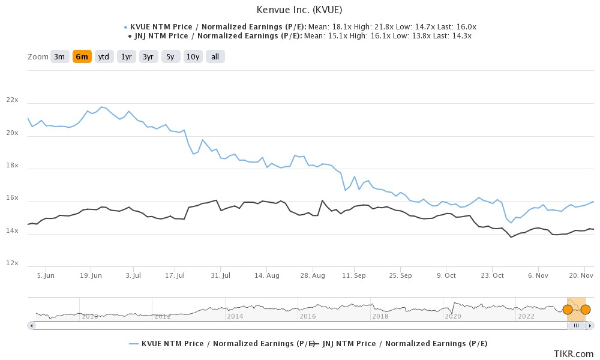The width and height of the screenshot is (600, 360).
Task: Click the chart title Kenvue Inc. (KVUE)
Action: click(x=300, y=10)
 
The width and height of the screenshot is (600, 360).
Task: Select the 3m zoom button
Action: click(x=59, y=57)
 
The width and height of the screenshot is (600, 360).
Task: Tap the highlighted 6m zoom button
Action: click(x=82, y=57)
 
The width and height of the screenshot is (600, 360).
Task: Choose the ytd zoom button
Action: click(x=104, y=57)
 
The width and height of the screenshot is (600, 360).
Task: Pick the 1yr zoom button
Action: click(x=126, y=57)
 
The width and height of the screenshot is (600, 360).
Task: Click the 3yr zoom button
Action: click(x=148, y=57)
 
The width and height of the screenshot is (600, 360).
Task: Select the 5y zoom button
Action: click(x=170, y=57)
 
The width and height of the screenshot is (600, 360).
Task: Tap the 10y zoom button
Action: click(x=193, y=57)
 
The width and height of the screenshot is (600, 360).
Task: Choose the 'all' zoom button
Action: click(x=215, y=57)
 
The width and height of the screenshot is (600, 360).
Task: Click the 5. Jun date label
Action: click(x=46, y=275)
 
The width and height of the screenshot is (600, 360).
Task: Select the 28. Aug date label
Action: click(x=313, y=275)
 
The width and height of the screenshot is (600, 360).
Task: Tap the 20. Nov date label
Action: click(x=580, y=275)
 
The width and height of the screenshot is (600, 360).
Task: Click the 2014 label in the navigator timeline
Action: click(x=235, y=316)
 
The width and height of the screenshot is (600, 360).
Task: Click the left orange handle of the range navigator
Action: click(x=567, y=310)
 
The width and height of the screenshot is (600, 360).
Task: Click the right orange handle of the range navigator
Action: click(x=586, y=310)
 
